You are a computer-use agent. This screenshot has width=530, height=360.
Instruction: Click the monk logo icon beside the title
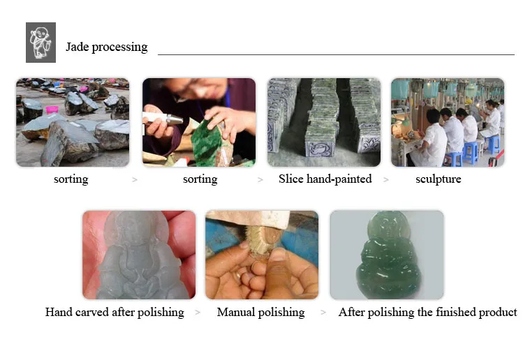pyautogui.click(x=41, y=43)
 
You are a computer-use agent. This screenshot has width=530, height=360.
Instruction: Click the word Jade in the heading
pyautogui.click(x=78, y=47)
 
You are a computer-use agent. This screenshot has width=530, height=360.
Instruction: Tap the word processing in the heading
pyautogui.click(x=119, y=47)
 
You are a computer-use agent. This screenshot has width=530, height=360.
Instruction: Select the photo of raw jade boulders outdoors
pyautogui.click(x=73, y=122)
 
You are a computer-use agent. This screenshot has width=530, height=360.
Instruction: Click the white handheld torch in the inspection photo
pyautogui.click(x=163, y=118)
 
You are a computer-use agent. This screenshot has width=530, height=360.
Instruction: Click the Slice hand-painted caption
pyautogui.click(x=325, y=179)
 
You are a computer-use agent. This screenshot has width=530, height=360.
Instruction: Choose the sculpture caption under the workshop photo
pyautogui.click(x=439, y=179)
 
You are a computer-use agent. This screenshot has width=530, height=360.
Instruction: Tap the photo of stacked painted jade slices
pyautogui.click(x=324, y=122)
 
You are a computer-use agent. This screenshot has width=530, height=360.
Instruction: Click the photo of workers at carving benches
pyautogui.click(x=448, y=122)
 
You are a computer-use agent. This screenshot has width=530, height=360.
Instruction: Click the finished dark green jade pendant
pyautogui.click(x=389, y=255)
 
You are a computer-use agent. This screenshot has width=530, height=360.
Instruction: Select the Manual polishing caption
pyautogui.click(x=261, y=313)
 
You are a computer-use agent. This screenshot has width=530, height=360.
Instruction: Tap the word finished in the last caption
pyautogui.click(x=457, y=312)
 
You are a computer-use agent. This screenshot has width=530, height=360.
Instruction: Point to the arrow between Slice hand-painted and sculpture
pyautogui.click(x=386, y=180)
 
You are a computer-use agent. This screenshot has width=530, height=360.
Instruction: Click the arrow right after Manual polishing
pyautogui.click(x=323, y=313)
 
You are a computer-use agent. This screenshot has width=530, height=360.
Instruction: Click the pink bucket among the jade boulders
pyautogui.click(x=52, y=110)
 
